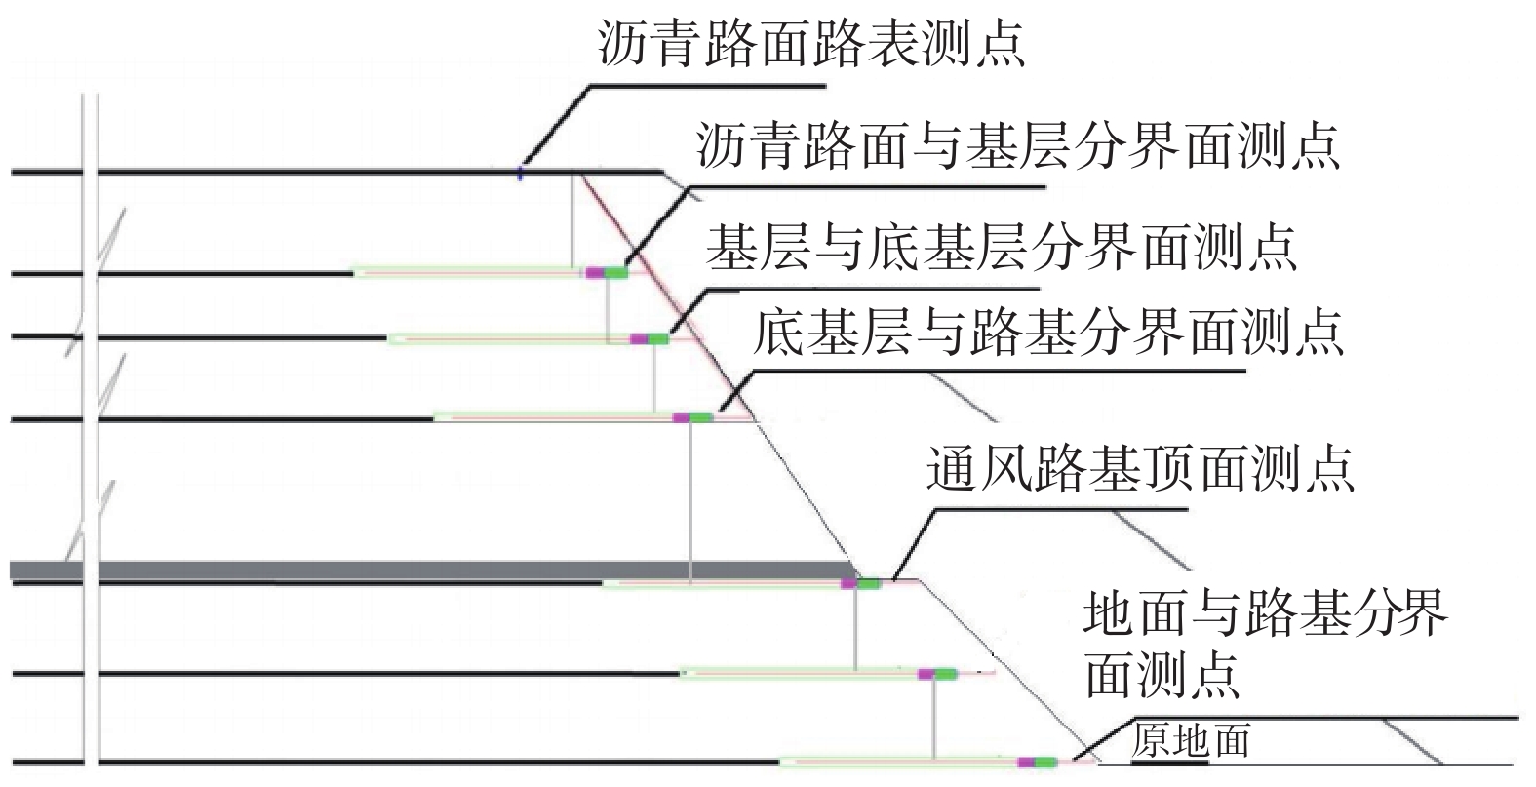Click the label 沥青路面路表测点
pos(811,43)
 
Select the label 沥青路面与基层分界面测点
pos(1018,145)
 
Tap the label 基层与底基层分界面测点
pos(1002,247)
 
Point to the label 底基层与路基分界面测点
pos(1047,332)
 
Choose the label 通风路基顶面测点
pos(1140,469)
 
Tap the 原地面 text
pos(1191,741)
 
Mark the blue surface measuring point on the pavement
pos(521,174)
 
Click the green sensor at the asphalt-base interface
pos(615,273)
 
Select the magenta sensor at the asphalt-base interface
pos(595,273)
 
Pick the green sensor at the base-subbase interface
pos(658,339)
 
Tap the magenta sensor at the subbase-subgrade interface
pos(681,418)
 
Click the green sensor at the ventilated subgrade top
pos(870,584)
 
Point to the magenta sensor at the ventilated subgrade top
pos(849,584)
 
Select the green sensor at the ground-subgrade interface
pos(1045,763)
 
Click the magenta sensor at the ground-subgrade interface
pos(1027,763)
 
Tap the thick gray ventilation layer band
pos(432,571)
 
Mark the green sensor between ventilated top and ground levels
pos(946,674)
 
